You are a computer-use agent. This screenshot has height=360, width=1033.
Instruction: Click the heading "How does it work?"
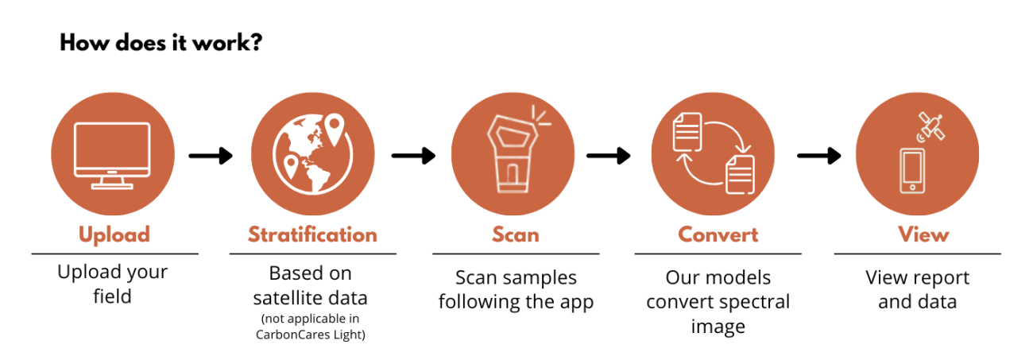[161, 43]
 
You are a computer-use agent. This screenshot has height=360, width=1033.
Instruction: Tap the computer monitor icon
[112, 155]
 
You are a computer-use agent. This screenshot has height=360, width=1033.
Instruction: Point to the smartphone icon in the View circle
[911, 170]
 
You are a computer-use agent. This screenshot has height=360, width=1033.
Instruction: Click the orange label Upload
[114, 235]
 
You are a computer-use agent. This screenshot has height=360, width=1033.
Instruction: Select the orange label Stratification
[312, 235]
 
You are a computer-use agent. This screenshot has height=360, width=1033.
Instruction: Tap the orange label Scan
[515, 235]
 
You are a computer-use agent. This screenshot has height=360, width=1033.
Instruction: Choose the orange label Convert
[718, 235]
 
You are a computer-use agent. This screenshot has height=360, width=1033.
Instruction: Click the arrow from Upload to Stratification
[211, 156]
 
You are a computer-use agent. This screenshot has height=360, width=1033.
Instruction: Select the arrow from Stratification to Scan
[413, 156]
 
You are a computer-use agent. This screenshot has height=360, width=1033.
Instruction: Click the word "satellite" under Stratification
[287, 298]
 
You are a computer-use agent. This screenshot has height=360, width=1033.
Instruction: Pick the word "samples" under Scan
[538, 278]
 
